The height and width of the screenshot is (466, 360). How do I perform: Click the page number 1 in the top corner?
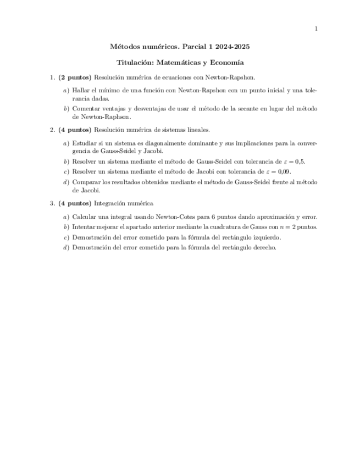click(x=316, y=29)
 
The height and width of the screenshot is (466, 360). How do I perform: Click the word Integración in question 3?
click(x=110, y=203)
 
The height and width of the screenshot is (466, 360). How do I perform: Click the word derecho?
click(x=263, y=247)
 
